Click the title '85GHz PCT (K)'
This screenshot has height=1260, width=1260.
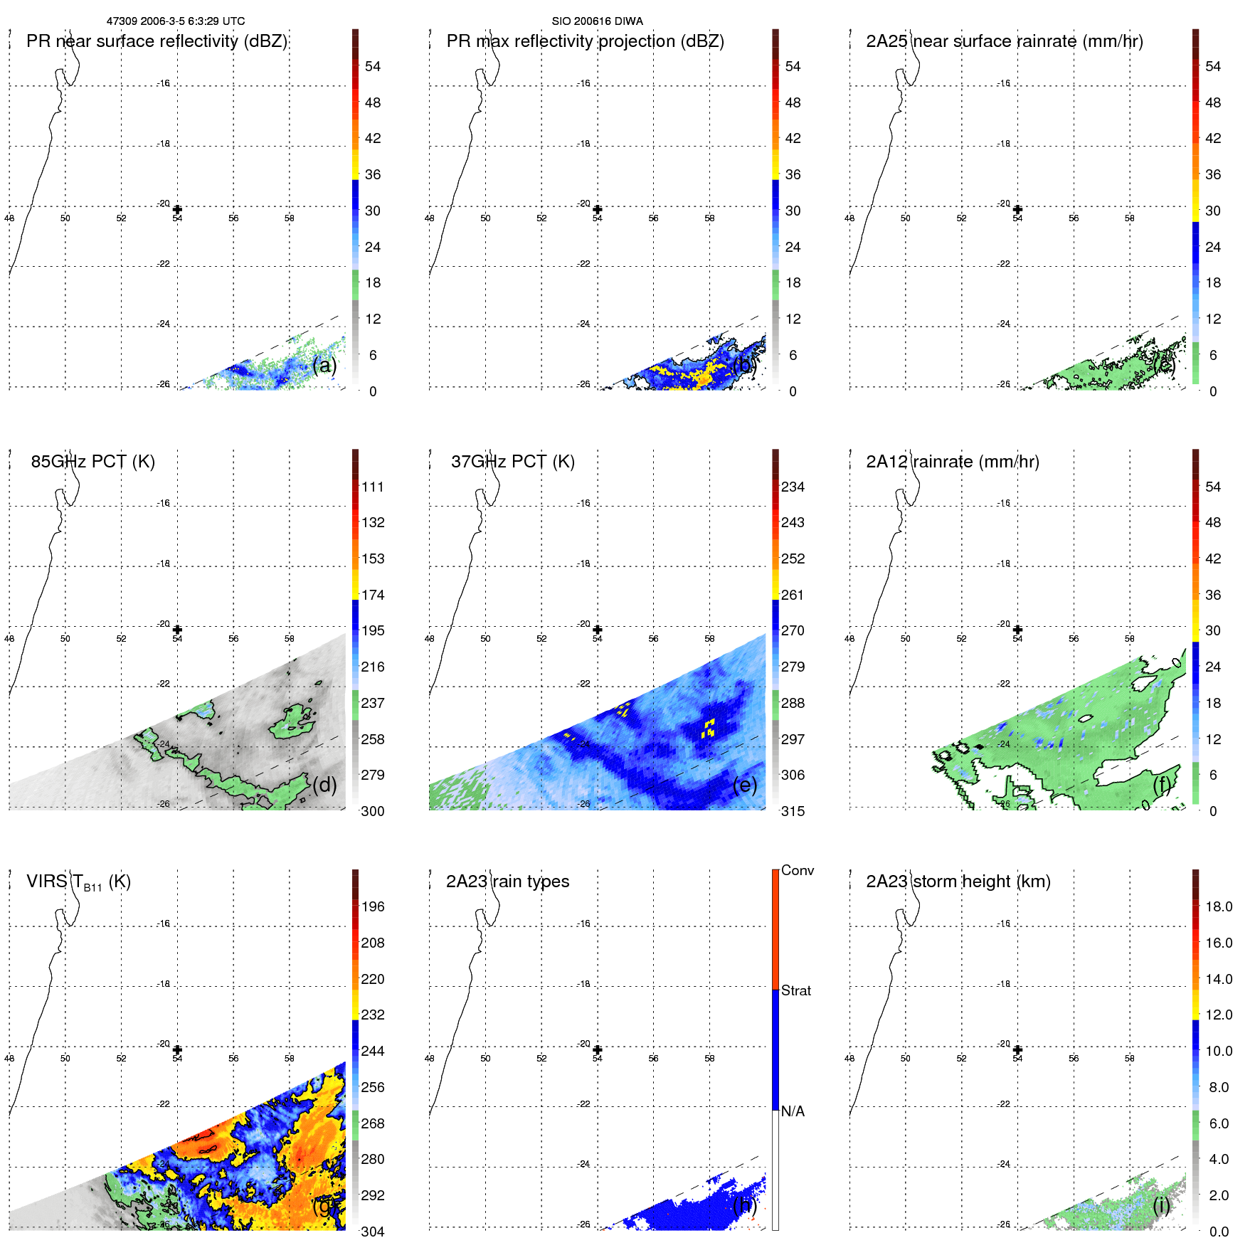(x=92, y=462)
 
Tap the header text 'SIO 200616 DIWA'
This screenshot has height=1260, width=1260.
(x=597, y=21)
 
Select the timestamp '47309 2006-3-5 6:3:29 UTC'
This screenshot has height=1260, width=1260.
(x=176, y=21)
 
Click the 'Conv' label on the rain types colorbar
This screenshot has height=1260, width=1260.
(x=797, y=870)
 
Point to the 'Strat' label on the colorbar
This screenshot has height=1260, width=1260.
(x=795, y=990)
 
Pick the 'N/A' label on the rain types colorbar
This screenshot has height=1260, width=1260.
(x=793, y=1111)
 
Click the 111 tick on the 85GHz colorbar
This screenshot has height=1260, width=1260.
(x=372, y=487)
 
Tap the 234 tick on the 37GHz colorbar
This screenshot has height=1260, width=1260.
(x=793, y=487)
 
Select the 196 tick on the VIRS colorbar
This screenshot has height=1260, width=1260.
(x=372, y=906)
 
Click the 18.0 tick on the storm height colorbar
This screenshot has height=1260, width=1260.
(x=1218, y=906)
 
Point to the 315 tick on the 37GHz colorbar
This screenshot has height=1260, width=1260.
(x=793, y=811)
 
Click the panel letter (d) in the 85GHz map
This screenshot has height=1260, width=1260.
(x=324, y=785)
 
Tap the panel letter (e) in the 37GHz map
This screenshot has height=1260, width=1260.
(x=744, y=785)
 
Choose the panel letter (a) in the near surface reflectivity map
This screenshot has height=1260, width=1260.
(x=324, y=365)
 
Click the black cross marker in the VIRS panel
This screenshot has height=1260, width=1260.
(x=177, y=1049)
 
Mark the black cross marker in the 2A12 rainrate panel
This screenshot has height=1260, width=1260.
(x=1017, y=630)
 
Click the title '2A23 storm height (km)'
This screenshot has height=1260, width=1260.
(x=958, y=882)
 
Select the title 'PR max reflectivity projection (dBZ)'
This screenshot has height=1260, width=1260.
(x=585, y=41)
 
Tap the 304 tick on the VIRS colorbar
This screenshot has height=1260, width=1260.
(x=372, y=1232)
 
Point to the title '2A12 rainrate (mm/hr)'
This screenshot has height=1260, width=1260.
(x=952, y=462)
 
